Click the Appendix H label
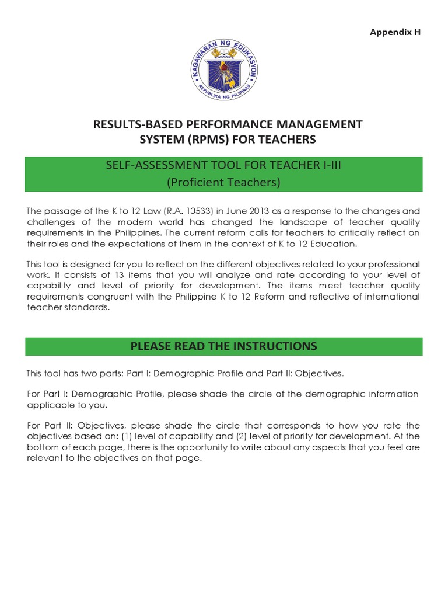tap(395, 32)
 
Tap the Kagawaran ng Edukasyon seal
tap(223, 72)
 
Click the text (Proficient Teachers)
tap(223, 182)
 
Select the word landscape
tap(293, 222)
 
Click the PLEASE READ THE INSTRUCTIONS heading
tap(223, 346)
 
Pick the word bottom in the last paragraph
tap(41, 447)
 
